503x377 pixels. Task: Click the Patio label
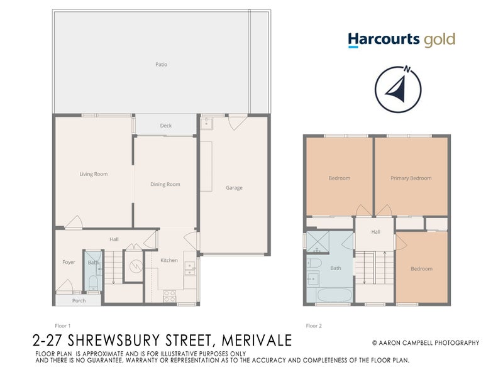(x=162, y=64)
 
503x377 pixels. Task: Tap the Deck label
(x=165, y=126)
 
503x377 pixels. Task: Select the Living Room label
(x=94, y=174)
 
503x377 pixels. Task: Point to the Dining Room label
(x=165, y=184)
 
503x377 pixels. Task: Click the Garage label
(x=234, y=187)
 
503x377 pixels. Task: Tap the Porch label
(x=79, y=300)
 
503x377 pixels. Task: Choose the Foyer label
(x=69, y=262)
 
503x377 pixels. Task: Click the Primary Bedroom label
(x=411, y=178)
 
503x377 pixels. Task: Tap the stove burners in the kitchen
(x=169, y=296)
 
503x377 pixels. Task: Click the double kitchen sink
(x=189, y=269)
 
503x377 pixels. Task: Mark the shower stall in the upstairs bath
(x=321, y=241)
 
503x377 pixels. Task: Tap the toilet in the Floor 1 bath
(x=93, y=281)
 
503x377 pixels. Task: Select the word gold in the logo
(x=439, y=40)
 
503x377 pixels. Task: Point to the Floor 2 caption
(x=313, y=325)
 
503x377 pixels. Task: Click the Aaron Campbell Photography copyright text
(x=425, y=342)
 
